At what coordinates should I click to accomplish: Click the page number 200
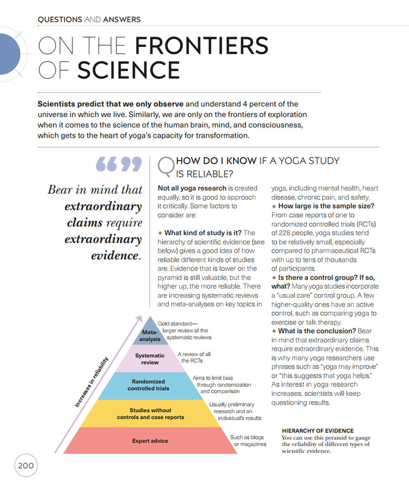coord(26,465)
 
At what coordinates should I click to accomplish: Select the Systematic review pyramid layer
coord(150,359)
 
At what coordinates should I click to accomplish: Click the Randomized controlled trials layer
coord(149,385)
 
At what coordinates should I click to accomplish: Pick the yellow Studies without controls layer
coord(150,414)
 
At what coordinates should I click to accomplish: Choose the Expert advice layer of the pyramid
coord(150,441)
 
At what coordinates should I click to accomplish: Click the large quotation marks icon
coord(118,165)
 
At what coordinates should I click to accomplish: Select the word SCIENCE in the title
coord(129,70)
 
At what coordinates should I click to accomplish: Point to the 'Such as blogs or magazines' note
coord(248,440)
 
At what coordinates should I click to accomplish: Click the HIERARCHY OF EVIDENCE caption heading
coord(318,431)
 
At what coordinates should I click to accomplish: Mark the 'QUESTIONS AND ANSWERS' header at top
coord(89,20)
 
